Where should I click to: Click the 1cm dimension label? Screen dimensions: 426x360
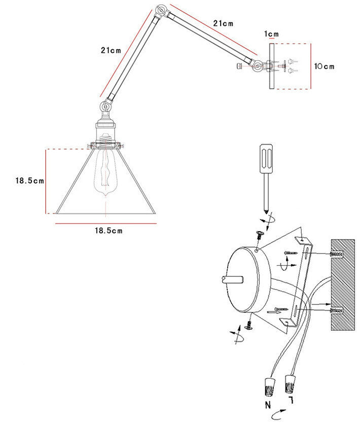(272, 34)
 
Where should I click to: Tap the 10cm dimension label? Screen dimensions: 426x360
(325, 66)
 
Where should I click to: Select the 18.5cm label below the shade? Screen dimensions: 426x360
(109, 230)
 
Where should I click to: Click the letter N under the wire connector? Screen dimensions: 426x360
(268, 406)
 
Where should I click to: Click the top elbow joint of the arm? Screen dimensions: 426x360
(162, 10)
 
